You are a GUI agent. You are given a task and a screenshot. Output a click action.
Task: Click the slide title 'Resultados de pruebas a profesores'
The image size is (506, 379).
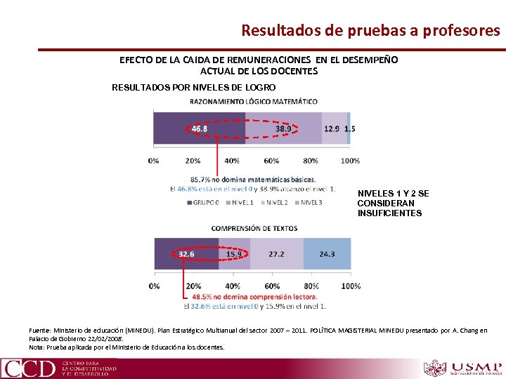(x=370, y=31)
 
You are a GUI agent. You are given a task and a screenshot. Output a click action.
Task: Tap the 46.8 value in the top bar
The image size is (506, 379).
(x=200, y=129)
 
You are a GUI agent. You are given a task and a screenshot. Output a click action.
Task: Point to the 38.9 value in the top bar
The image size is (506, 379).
(x=283, y=129)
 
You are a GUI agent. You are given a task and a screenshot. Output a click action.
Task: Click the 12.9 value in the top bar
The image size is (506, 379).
(x=332, y=129)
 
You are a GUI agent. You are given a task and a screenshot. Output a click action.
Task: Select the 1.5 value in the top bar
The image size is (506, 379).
(x=349, y=129)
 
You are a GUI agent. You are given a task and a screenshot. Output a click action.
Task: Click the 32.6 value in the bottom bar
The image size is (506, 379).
(x=186, y=254)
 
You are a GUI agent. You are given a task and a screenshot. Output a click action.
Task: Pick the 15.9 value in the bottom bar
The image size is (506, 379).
(x=234, y=254)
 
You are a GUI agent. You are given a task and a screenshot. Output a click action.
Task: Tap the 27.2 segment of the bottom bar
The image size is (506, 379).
(x=276, y=254)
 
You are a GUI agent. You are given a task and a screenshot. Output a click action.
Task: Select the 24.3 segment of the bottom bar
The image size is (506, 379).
(x=327, y=254)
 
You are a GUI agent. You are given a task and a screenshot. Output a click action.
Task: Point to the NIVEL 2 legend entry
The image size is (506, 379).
(x=275, y=203)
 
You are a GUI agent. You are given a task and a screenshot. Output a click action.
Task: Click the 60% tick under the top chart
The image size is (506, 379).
(x=271, y=161)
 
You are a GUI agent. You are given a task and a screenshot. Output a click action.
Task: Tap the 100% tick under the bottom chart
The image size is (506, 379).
(x=350, y=286)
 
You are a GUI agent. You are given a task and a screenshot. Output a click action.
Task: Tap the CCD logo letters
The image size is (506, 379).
(x=28, y=368)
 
